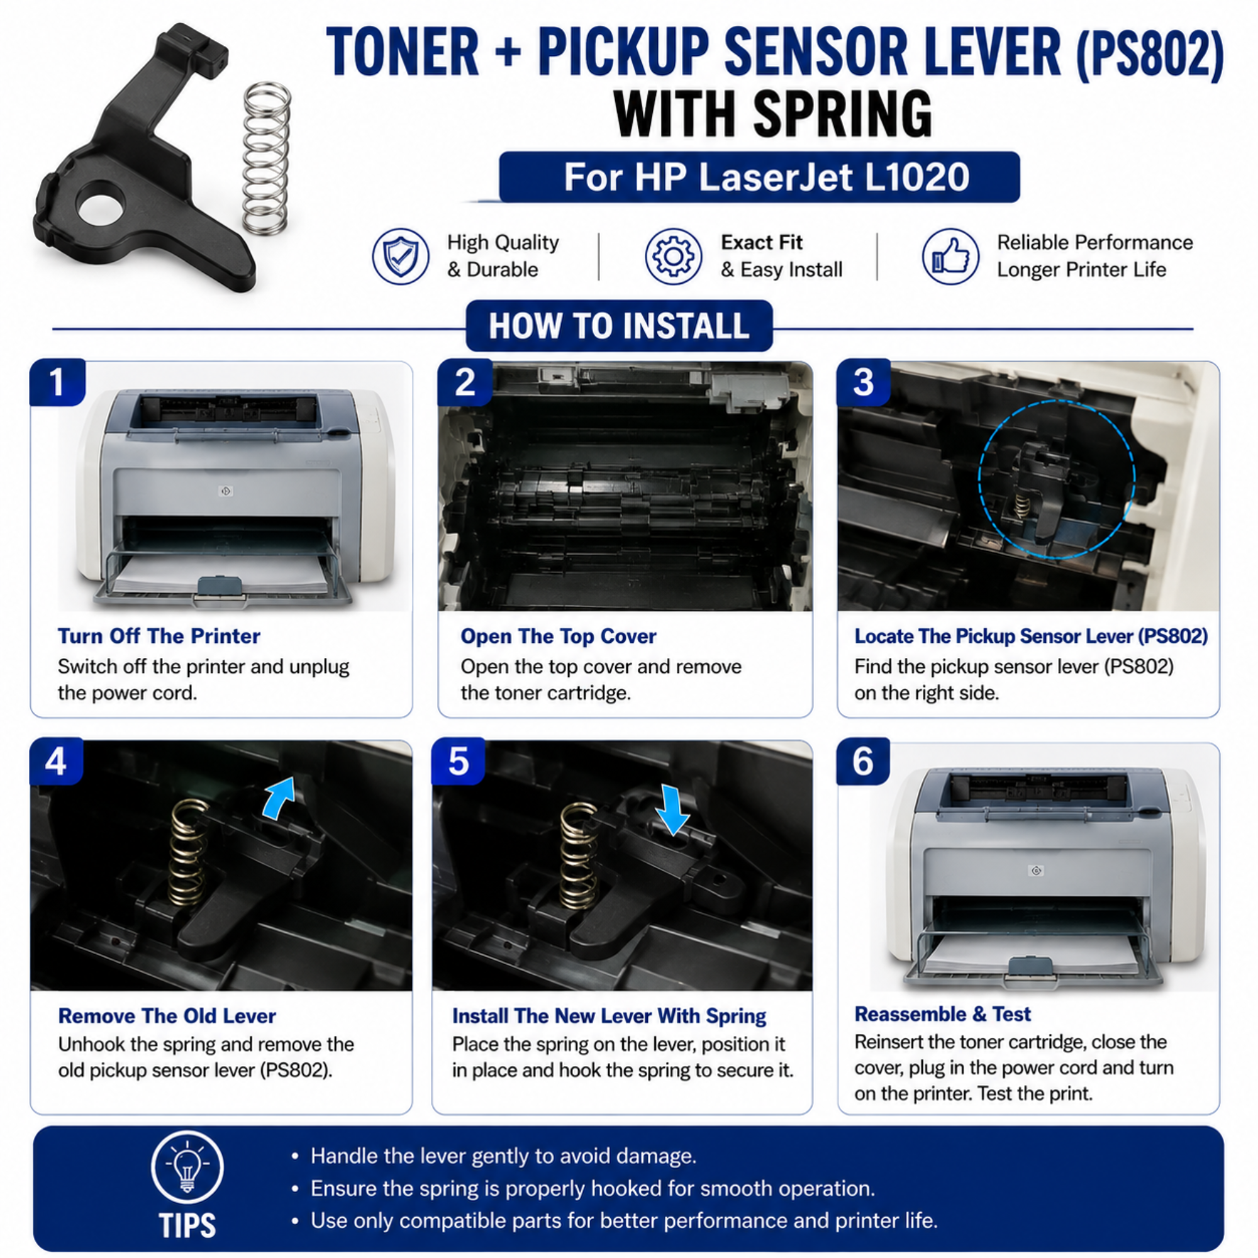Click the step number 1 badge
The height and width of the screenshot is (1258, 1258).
click(57, 382)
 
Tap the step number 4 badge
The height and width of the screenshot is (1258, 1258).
click(57, 761)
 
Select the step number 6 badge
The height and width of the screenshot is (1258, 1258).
click(864, 761)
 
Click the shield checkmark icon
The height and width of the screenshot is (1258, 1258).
click(401, 256)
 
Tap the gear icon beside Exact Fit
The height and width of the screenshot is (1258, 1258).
click(673, 256)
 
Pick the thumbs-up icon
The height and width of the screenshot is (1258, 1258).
click(950, 256)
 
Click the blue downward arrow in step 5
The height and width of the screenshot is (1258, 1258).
click(672, 810)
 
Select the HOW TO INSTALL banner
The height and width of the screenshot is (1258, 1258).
click(619, 326)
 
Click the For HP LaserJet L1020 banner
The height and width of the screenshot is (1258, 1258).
click(759, 177)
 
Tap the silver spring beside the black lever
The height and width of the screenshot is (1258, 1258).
click(267, 159)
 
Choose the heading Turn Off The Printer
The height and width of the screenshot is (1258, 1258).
click(159, 636)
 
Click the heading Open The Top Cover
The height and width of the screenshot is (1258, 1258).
click(559, 636)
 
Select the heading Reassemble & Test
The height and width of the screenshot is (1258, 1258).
click(943, 1014)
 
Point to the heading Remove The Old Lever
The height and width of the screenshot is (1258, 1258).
click(167, 1016)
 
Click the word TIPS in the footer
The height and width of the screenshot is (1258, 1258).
click(187, 1225)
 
